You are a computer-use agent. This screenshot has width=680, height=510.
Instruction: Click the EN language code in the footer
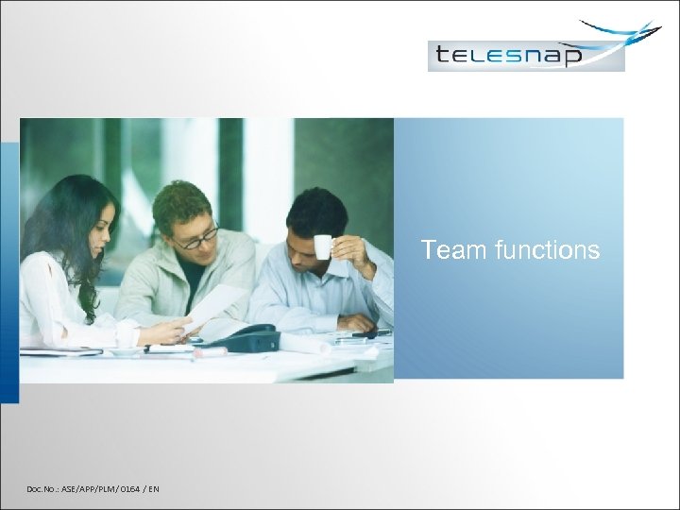click(x=153, y=488)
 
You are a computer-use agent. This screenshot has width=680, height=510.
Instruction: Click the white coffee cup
click(x=323, y=246)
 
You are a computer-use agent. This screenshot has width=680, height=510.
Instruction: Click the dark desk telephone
click(x=247, y=338)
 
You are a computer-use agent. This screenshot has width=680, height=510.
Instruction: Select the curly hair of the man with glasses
click(x=181, y=200)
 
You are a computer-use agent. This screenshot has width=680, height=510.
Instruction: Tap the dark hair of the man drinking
click(x=316, y=210)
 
